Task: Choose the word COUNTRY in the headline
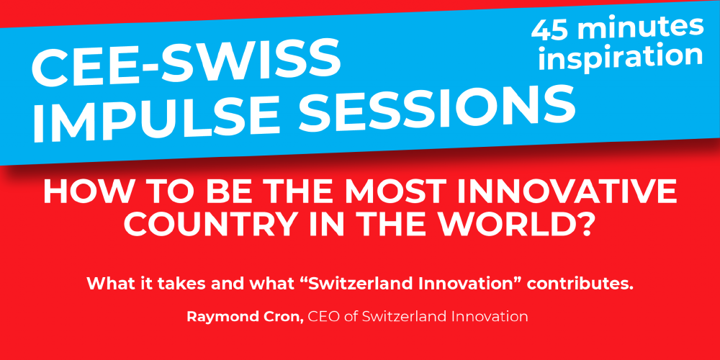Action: [194, 225]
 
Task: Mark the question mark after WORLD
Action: [584, 225]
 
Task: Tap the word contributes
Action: [581, 284]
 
